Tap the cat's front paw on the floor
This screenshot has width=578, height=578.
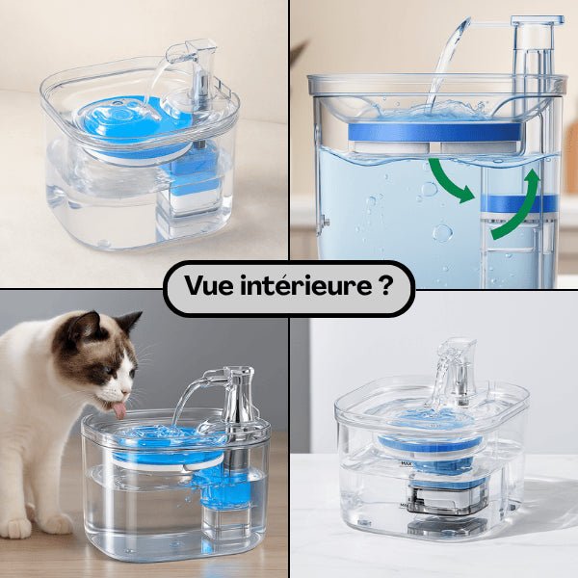[x=17, y=527]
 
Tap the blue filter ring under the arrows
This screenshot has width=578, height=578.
[x=520, y=203]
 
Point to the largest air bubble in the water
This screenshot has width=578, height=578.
[x=442, y=232]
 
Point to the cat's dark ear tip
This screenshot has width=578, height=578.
[x=134, y=317]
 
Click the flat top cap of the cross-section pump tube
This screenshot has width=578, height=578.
[x=537, y=20]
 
